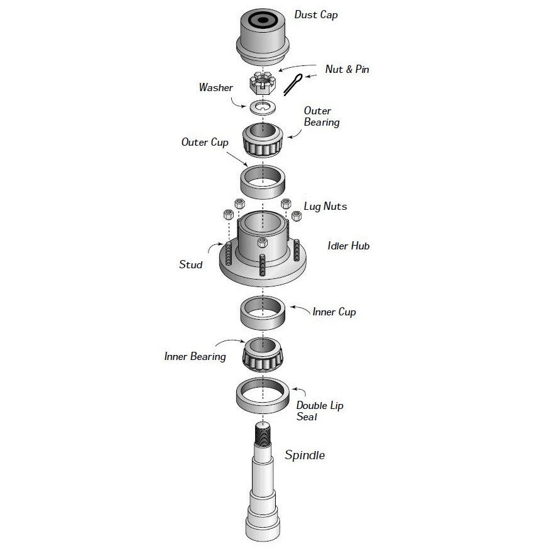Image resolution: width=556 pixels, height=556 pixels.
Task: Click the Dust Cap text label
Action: point(315,14)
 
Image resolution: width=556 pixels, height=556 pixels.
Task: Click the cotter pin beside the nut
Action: point(293,84)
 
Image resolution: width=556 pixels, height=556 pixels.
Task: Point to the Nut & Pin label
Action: point(347,69)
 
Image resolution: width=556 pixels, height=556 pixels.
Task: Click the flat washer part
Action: point(263,107)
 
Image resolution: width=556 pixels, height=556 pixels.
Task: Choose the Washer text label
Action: point(215,88)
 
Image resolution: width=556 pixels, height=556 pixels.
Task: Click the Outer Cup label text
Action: point(204,142)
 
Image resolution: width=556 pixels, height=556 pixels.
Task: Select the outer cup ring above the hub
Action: point(263,179)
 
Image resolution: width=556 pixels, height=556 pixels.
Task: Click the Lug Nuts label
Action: point(325,206)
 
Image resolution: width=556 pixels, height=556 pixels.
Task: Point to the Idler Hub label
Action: point(348,246)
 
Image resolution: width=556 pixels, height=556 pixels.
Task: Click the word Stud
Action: point(190,264)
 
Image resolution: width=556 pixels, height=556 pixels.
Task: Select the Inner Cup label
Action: point(334,312)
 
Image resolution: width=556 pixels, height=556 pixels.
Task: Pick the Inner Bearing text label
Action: point(195,356)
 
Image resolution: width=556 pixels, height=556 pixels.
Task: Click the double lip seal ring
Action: point(263,396)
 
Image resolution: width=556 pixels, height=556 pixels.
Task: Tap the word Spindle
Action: point(305,455)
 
